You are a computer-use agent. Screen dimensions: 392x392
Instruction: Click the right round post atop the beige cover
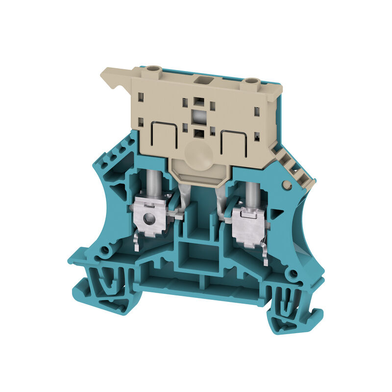tap(251, 81)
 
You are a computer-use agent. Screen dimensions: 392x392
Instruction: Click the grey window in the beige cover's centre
tap(198, 117)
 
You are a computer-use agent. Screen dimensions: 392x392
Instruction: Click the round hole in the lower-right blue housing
tap(293, 273)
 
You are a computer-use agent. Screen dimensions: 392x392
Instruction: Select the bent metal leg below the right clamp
tap(265, 255)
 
